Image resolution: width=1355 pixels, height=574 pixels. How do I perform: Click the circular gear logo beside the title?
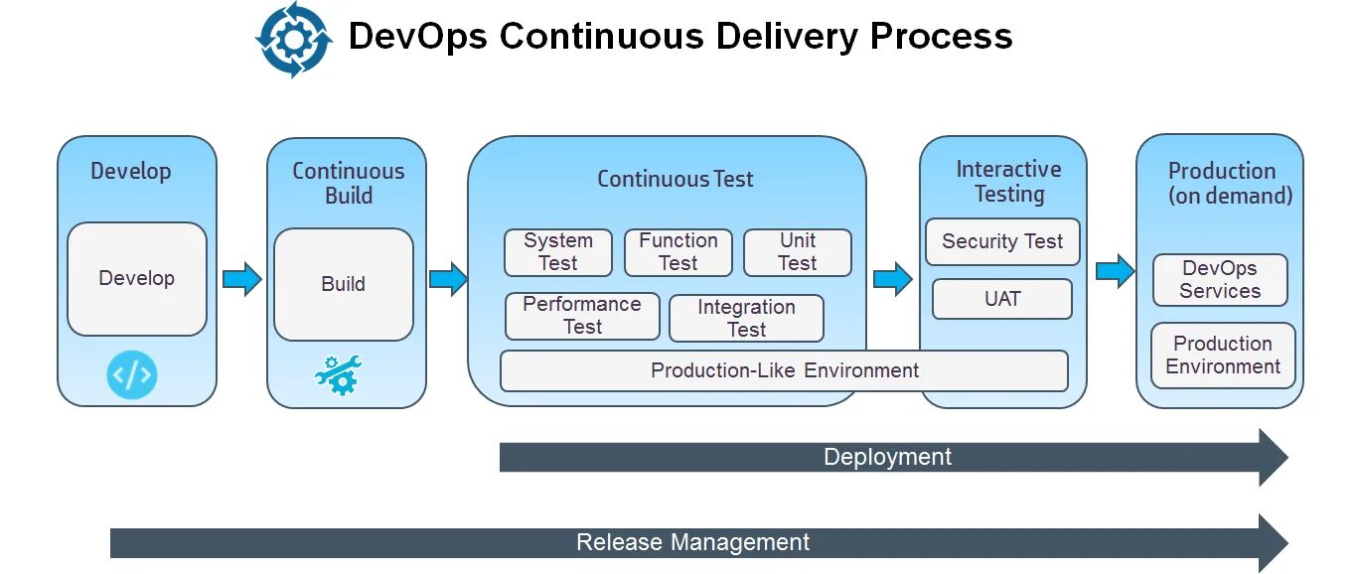point(293,40)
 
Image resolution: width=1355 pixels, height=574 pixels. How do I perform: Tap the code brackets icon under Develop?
point(132,375)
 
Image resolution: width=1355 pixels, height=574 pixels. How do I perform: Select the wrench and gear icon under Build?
point(339,375)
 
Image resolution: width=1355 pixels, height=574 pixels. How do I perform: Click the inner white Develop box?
point(137,279)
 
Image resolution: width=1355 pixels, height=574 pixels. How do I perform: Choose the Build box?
point(344,284)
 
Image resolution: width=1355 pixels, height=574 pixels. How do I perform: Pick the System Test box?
point(558,252)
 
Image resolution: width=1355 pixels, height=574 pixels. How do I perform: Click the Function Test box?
point(678,252)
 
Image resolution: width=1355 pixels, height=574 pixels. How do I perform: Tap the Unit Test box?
point(798,252)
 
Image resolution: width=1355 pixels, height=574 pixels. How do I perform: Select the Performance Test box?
point(582,316)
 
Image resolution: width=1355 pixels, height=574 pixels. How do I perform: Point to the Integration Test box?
point(747,319)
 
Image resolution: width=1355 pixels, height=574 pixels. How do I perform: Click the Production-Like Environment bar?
point(784,371)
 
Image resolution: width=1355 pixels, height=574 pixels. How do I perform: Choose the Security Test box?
point(1002,242)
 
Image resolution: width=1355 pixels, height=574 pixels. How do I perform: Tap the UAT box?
point(1002,299)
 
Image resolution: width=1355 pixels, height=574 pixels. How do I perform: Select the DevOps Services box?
point(1220,280)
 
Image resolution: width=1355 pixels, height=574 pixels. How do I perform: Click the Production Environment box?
point(1223,356)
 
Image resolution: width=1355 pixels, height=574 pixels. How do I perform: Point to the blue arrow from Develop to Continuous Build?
point(241,279)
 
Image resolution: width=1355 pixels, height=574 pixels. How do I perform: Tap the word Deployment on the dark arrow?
point(887,458)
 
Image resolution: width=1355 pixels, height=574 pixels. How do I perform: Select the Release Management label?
point(692,543)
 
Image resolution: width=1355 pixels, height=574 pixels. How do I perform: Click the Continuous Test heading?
point(675,180)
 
